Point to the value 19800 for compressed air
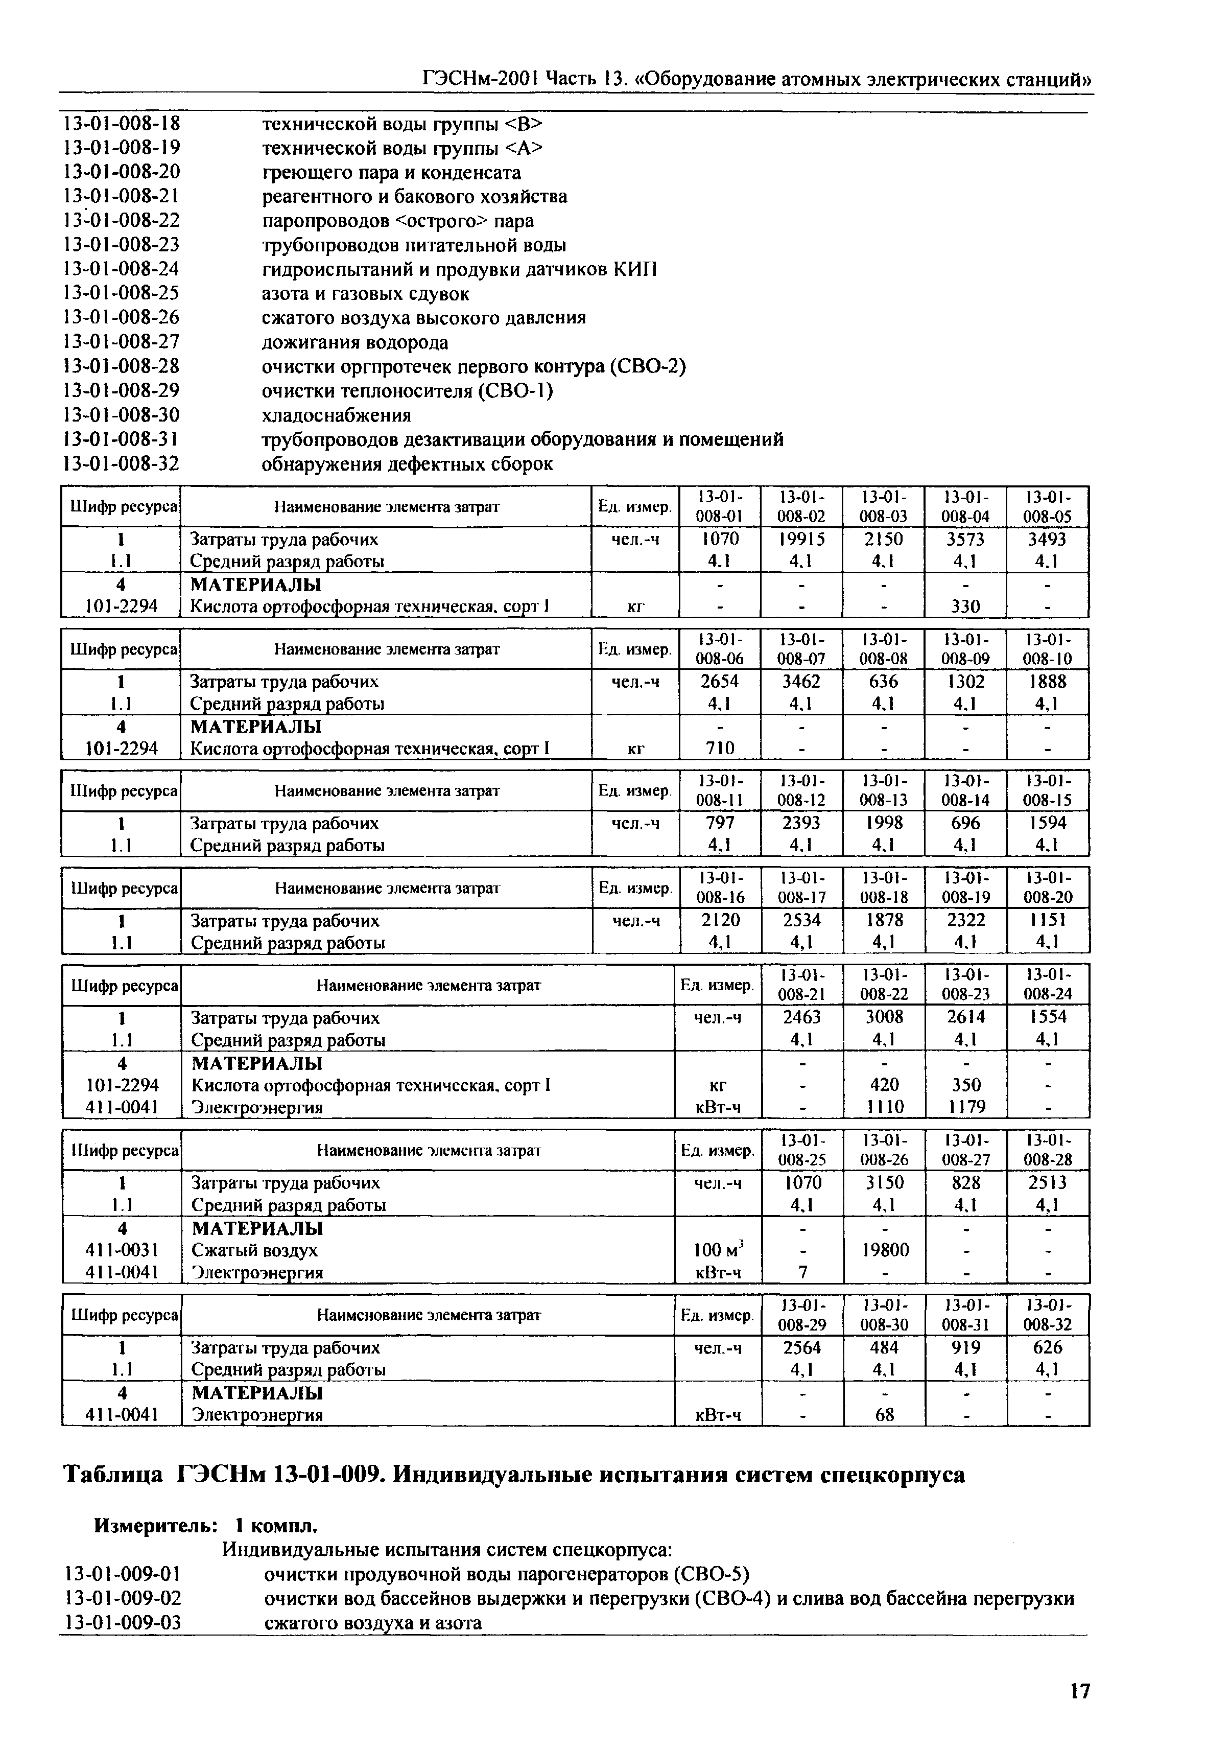pyautogui.click(x=884, y=1250)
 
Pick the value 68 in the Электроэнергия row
pyautogui.click(x=884, y=1414)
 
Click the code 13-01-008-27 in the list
pyautogui.click(x=121, y=342)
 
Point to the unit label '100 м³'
pyautogui.click(x=719, y=1250)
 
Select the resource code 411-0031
pyautogui.click(x=122, y=1250)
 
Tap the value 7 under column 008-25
pyautogui.click(x=802, y=1272)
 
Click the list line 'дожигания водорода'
pyautogui.click(x=354, y=342)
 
